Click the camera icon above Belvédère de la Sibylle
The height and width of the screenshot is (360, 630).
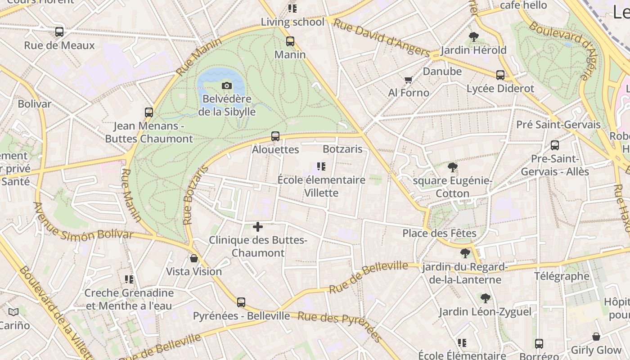pos(227,85)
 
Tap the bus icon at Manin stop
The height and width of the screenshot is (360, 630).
pos(290,41)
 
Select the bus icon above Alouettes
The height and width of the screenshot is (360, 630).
pos(275,136)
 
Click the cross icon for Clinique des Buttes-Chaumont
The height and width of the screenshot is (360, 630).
pos(258,227)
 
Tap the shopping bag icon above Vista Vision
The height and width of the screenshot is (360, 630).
pos(194,258)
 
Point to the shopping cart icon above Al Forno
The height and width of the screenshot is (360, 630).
pos(408,80)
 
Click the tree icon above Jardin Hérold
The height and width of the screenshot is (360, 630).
pos(473,37)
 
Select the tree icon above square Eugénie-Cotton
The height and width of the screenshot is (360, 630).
pos(453,167)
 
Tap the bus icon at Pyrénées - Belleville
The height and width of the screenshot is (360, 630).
pos(241,302)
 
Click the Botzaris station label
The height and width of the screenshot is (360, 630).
pos(342,149)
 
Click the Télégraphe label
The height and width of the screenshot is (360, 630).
pos(562,276)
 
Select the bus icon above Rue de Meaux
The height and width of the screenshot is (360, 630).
pos(59,32)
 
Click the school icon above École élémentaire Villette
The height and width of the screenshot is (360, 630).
pos(321,166)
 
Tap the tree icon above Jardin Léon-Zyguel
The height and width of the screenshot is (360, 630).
pos(485,298)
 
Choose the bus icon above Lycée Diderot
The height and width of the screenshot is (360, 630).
pos(500,75)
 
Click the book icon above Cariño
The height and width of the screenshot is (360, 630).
pos(13,312)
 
